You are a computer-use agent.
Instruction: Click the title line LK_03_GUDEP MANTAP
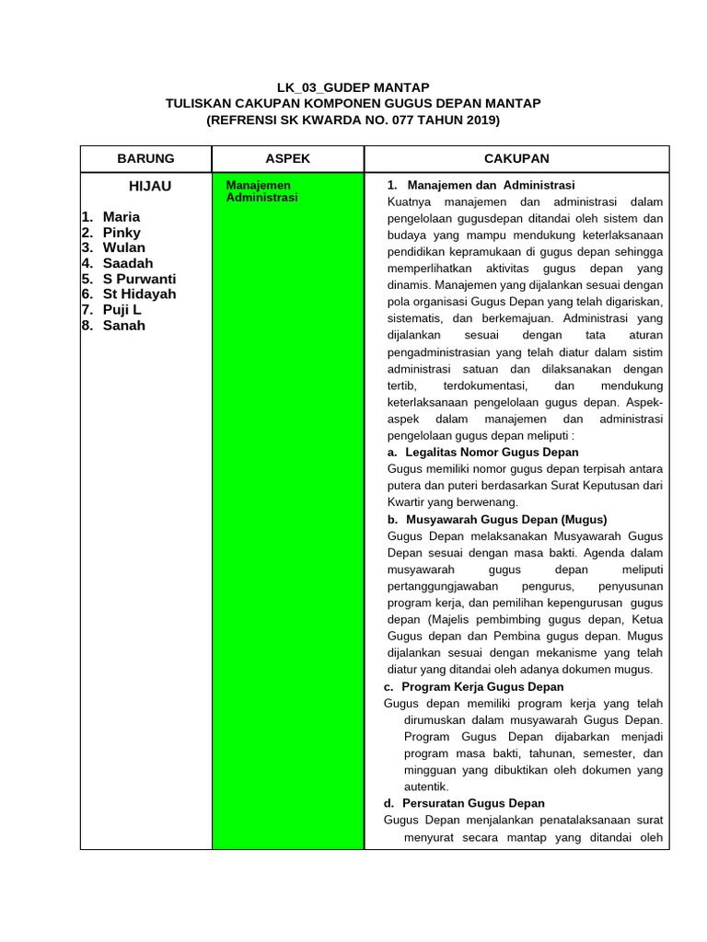click(x=353, y=87)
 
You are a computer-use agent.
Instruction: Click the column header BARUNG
click(x=145, y=158)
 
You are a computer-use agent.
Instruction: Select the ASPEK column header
click(x=288, y=158)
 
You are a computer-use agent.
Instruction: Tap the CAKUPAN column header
click(x=516, y=158)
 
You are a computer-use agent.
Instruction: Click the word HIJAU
click(x=150, y=186)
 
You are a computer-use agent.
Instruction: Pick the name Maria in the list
click(x=122, y=217)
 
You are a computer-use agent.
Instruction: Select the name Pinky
click(x=122, y=233)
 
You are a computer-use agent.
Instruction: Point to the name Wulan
click(x=123, y=247)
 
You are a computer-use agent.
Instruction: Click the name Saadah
click(x=128, y=263)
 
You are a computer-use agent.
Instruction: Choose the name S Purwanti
click(x=139, y=279)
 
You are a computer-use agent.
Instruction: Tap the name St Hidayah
click(x=139, y=294)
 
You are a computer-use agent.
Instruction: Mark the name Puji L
click(x=122, y=310)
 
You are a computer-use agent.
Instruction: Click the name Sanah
click(x=123, y=326)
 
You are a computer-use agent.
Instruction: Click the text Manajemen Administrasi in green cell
click(x=262, y=191)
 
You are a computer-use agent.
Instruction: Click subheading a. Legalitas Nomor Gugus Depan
click(x=483, y=452)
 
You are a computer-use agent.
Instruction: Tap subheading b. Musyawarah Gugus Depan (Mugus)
click(x=497, y=519)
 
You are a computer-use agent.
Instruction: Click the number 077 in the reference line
click(x=409, y=121)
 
